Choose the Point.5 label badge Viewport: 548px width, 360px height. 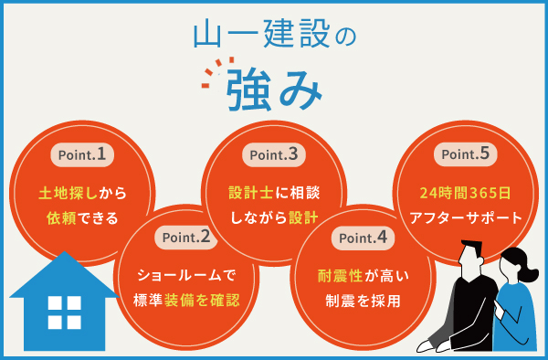pos(466,155)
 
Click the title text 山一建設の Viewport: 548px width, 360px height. pos(273,34)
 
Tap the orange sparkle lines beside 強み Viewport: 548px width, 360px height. pos(211,77)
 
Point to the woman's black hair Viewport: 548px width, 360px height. pos(517,260)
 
